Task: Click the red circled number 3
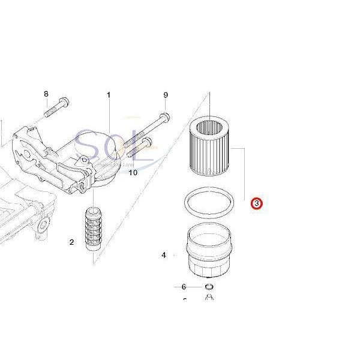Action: [x=256, y=204]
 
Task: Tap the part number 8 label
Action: [x=46, y=94]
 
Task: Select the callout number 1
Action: [x=109, y=95]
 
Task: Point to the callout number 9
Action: [x=166, y=95]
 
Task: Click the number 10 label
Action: [x=133, y=173]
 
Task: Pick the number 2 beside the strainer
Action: [x=71, y=242]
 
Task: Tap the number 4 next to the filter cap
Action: [x=163, y=256]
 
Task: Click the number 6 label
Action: [x=184, y=287]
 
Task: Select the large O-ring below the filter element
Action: [x=208, y=203]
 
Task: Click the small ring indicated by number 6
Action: [x=208, y=287]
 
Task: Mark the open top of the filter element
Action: [x=209, y=127]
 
